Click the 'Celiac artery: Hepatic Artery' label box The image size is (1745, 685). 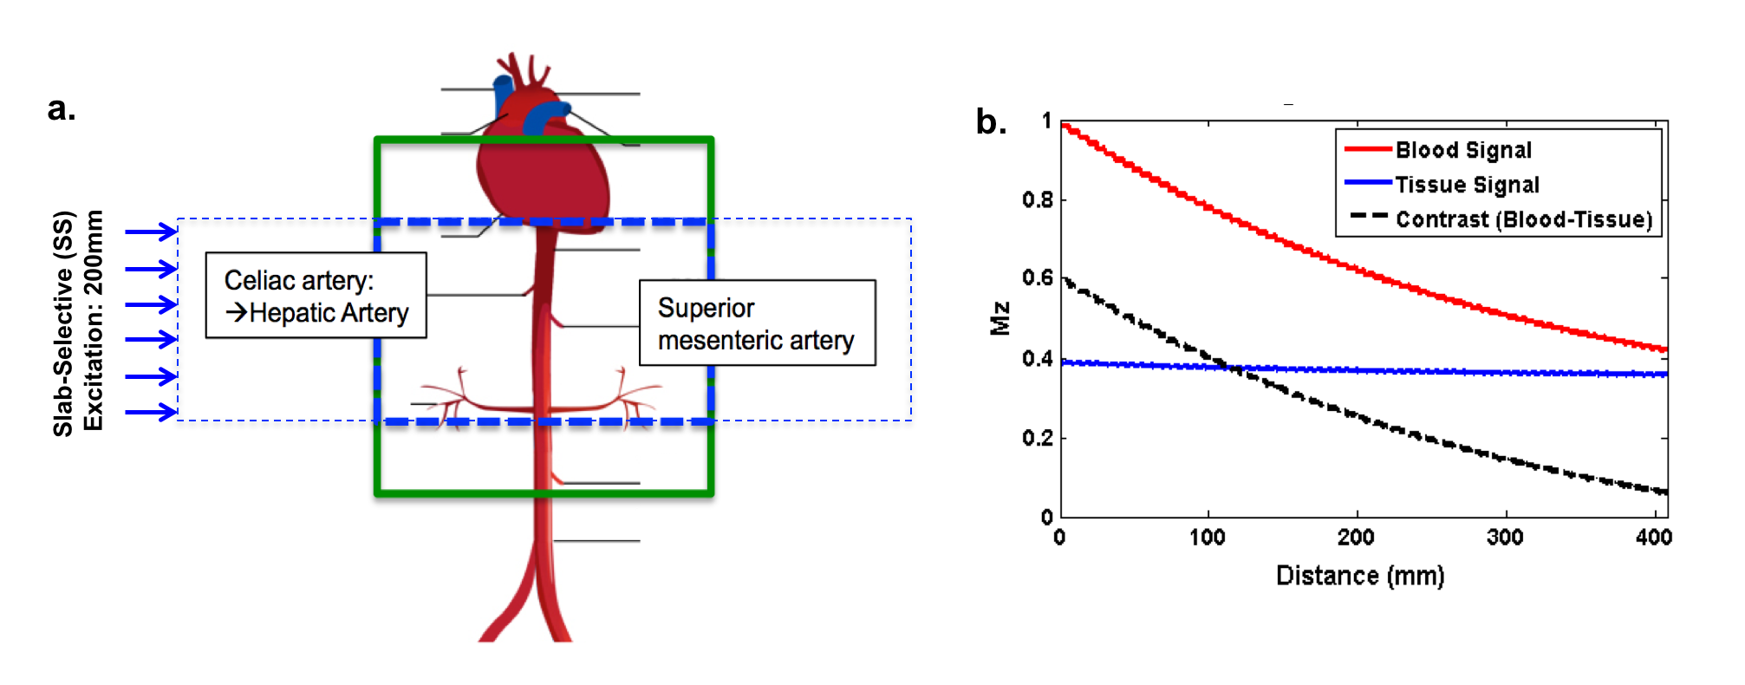pos(316,295)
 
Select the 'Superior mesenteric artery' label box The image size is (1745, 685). pos(757,323)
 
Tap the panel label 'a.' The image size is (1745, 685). pos(62,109)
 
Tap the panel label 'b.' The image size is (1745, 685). pos(991,122)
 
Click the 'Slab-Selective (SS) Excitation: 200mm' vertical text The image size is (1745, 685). pos(78,322)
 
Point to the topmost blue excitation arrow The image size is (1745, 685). pos(152,232)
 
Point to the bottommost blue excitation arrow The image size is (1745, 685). pos(152,412)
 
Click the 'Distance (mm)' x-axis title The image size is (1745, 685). pos(1359,576)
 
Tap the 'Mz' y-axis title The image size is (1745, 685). pos(1000,318)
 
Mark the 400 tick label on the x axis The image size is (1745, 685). pos(1653,538)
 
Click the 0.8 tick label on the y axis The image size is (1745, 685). pos(1037,200)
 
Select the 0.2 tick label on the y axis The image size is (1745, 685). pos(1037,439)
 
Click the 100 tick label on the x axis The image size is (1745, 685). pos(1207,538)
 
